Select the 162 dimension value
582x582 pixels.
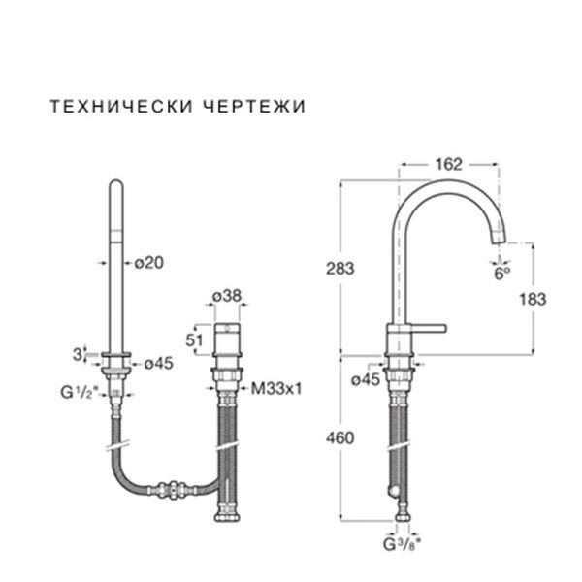click(x=448, y=164)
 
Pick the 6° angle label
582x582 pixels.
click(x=501, y=274)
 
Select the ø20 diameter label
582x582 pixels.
click(x=146, y=262)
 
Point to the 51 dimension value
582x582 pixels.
click(x=193, y=339)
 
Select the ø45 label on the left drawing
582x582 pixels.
click(x=158, y=365)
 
